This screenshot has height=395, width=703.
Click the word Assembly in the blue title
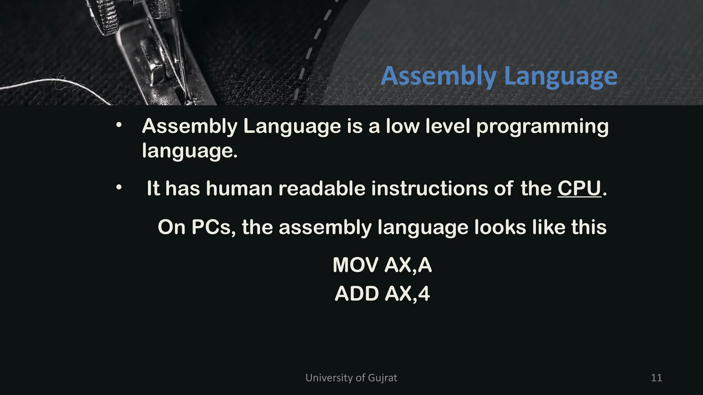(438, 76)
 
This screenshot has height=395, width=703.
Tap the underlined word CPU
(579, 188)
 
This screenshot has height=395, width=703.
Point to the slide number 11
(656, 378)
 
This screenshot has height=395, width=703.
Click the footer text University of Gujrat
(351, 378)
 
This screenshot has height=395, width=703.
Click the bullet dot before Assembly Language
(119, 125)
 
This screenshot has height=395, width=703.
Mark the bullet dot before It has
(119, 188)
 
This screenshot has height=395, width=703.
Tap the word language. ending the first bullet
(189, 151)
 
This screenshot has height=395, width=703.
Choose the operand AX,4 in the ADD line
(407, 294)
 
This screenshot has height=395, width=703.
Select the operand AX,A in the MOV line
(408, 265)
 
